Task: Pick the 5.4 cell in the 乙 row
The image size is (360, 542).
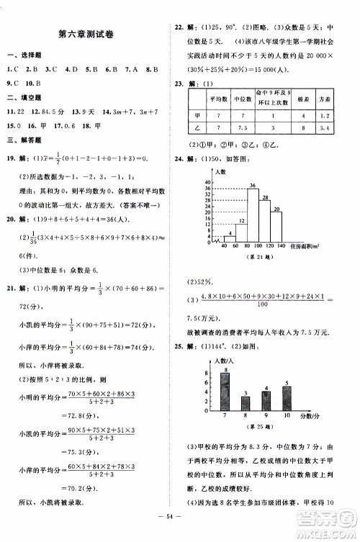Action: point(325,128)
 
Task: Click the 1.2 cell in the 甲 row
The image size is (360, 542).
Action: point(325,115)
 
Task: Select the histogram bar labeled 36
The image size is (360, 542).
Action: point(253,216)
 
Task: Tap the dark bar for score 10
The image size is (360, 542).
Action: point(287,397)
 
